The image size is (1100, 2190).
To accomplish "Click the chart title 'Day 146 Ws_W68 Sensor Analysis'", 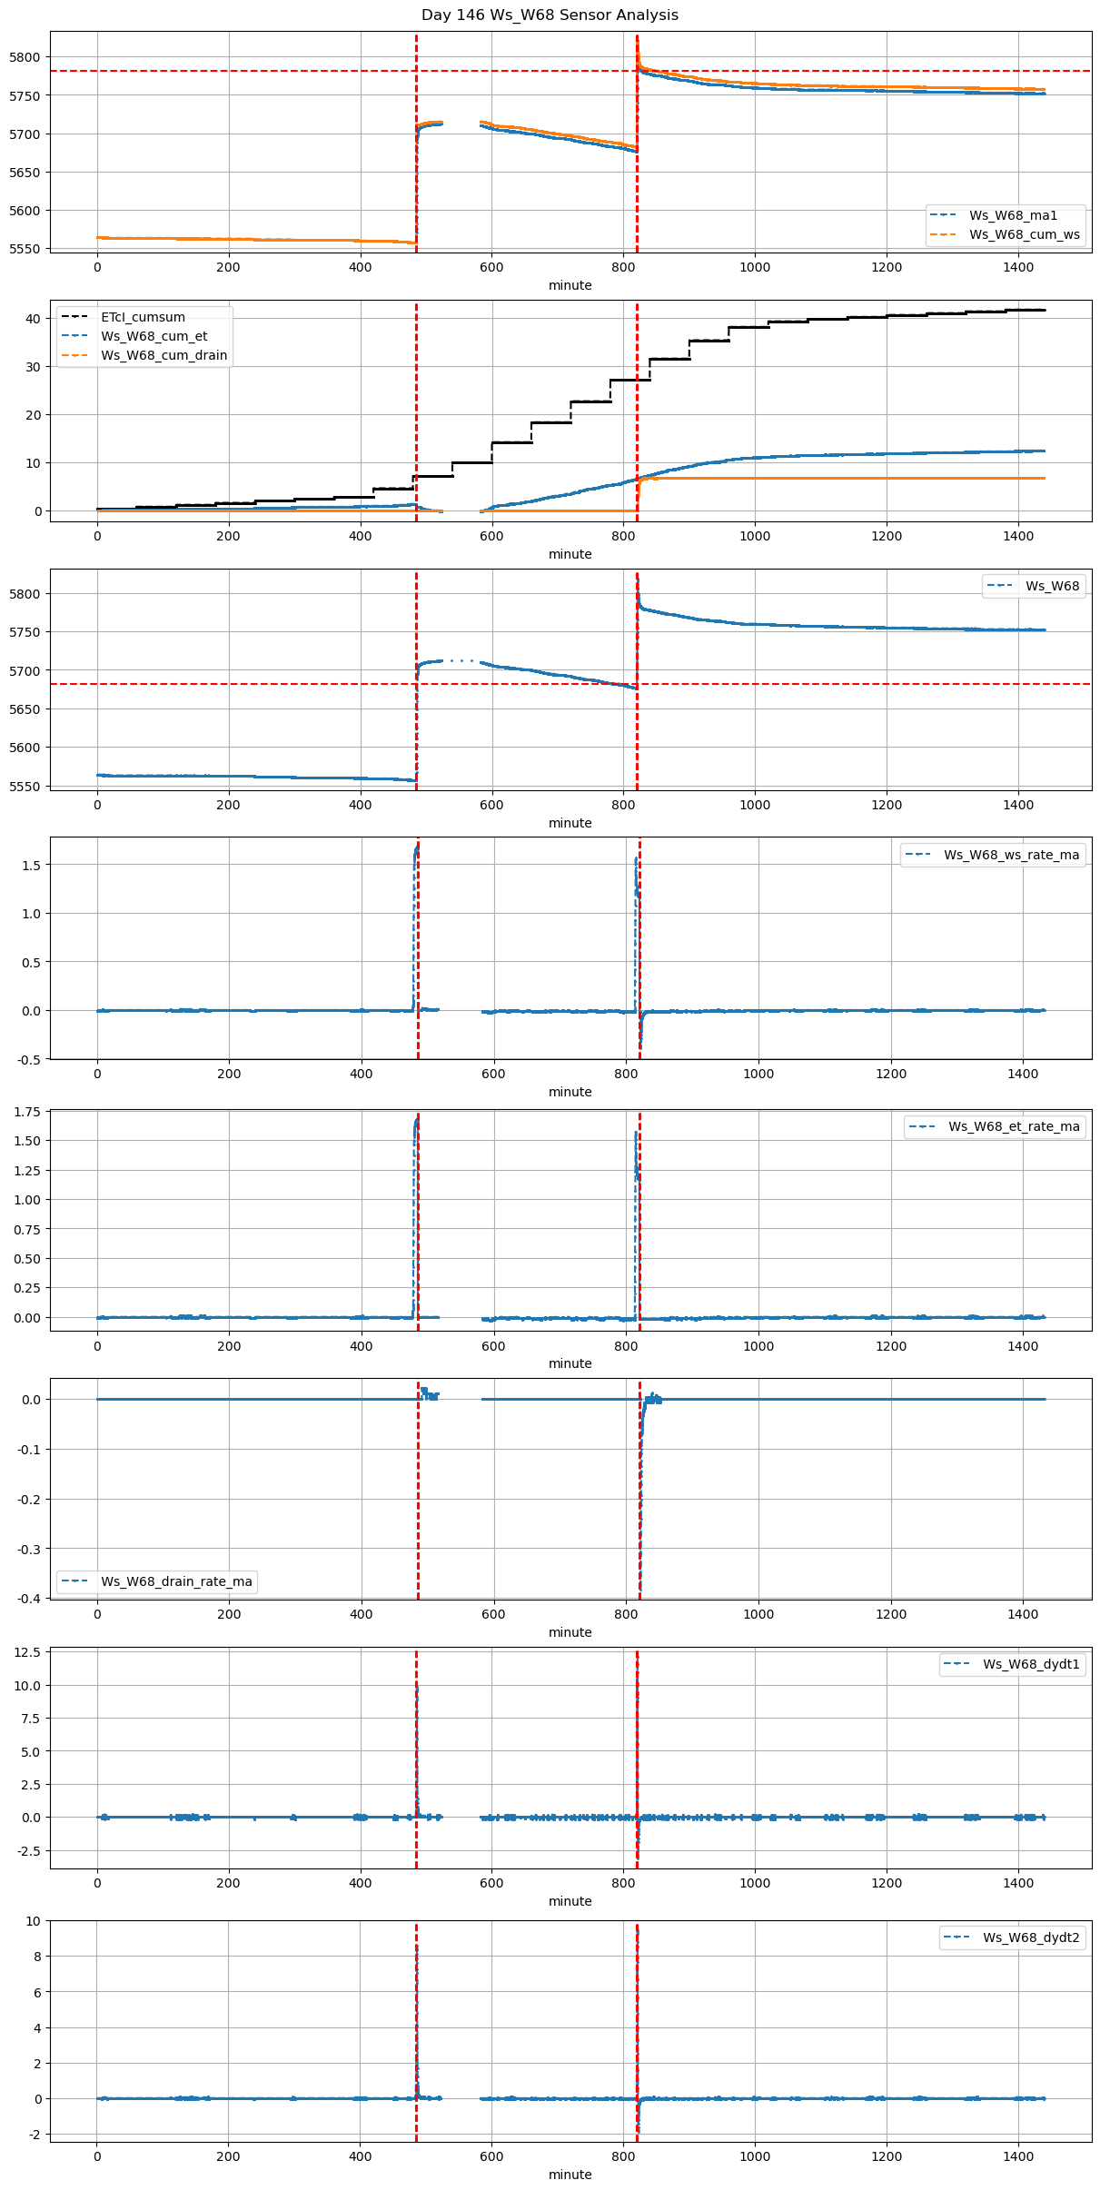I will point(550,15).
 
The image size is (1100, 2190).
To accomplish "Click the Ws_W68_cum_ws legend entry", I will point(1024,234).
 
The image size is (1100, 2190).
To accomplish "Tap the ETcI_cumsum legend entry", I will point(143,317).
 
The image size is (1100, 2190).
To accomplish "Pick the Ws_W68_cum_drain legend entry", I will point(164,355).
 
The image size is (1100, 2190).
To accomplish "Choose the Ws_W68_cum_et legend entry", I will point(154,336).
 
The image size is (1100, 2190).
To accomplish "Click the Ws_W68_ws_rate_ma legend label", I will point(1011,855).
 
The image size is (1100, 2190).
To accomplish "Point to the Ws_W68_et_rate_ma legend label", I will point(1014,1126).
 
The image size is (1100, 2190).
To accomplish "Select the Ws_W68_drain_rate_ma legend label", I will point(176,1581).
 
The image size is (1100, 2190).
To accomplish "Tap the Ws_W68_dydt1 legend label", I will point(1031,1664).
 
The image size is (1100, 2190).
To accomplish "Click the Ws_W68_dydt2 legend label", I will point(1031,1937).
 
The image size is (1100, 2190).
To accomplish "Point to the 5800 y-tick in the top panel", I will point(25,57).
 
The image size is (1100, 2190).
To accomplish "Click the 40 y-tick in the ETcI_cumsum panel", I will point(34,319).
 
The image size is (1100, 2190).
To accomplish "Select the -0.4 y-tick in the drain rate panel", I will point(30,1599).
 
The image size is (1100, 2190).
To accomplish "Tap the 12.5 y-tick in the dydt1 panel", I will point(28,1652).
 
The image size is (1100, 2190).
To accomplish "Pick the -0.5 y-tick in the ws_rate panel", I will point(30,1059).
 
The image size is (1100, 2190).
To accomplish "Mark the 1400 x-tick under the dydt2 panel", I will point(1018,2157).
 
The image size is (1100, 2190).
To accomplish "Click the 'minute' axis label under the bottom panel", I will point(570,2175).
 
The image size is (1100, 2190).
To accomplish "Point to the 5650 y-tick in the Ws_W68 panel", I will point(25,709).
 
